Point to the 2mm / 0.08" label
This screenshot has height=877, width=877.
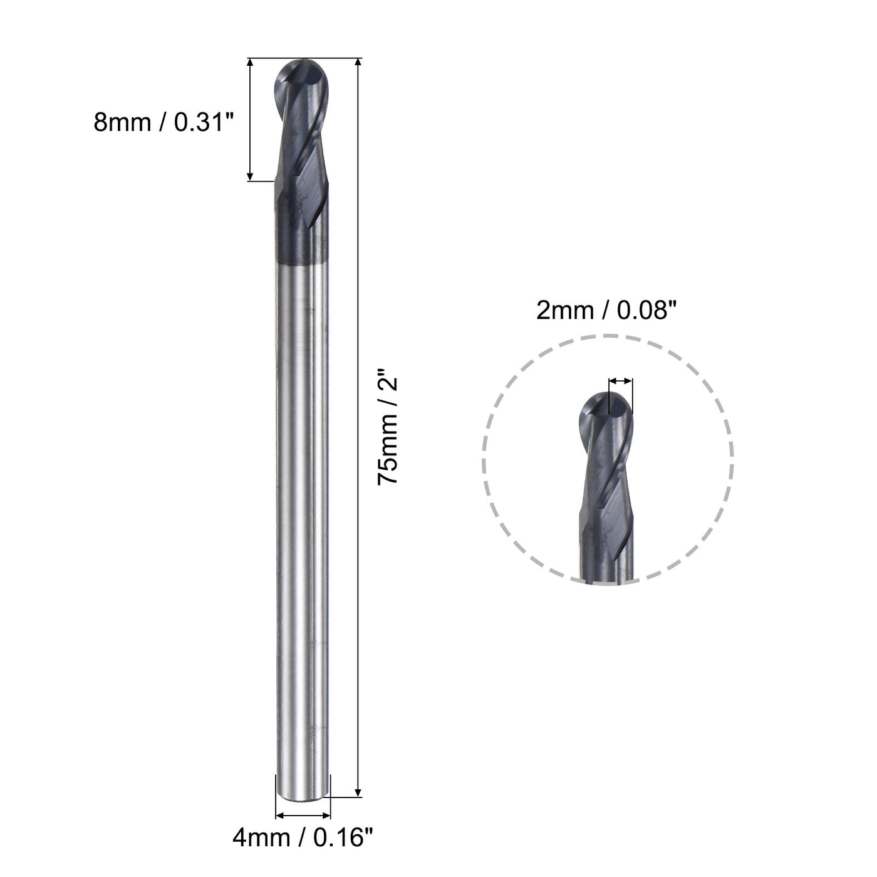pos(607,310)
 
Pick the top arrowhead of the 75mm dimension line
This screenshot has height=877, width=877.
pos(358,63)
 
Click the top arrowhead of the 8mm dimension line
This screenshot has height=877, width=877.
pos(250,63)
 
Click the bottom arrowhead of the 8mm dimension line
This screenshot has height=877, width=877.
pos(250,177)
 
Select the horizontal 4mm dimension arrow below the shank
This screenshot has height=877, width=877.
pos(303,816)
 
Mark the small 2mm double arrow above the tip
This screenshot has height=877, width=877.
pos(620,381)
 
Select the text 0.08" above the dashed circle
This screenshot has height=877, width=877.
pos(642,310)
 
